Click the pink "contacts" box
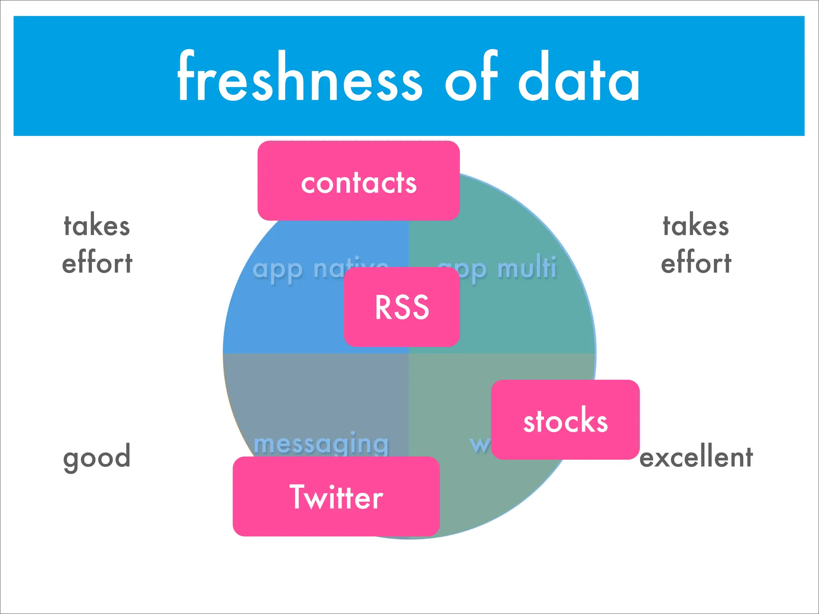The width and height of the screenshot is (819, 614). click(358, 181)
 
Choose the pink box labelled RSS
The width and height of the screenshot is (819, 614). click(402, 307)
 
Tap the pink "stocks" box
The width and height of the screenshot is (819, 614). click(565, 420)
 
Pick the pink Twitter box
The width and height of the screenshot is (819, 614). click(336, 496)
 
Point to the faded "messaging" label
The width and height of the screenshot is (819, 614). click(321, 444)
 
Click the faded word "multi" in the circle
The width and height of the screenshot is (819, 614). click(527, 268)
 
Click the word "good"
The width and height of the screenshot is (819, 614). click(97, 457)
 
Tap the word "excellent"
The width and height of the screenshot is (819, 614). click(696, 457)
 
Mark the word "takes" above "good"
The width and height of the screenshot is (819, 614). click(97, 226)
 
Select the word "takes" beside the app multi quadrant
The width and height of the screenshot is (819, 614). click(696, 226)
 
